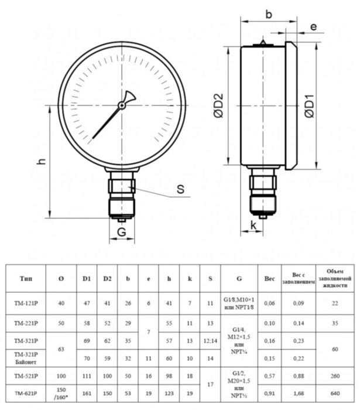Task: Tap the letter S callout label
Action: tap(180, 189)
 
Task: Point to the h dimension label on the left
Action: tap(40, 161)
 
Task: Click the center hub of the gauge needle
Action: tap(122, 105)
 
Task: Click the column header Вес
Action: tap(269, 279)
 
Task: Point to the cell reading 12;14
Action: tap(210, 340)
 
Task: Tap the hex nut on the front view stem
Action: tap(122, 186)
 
